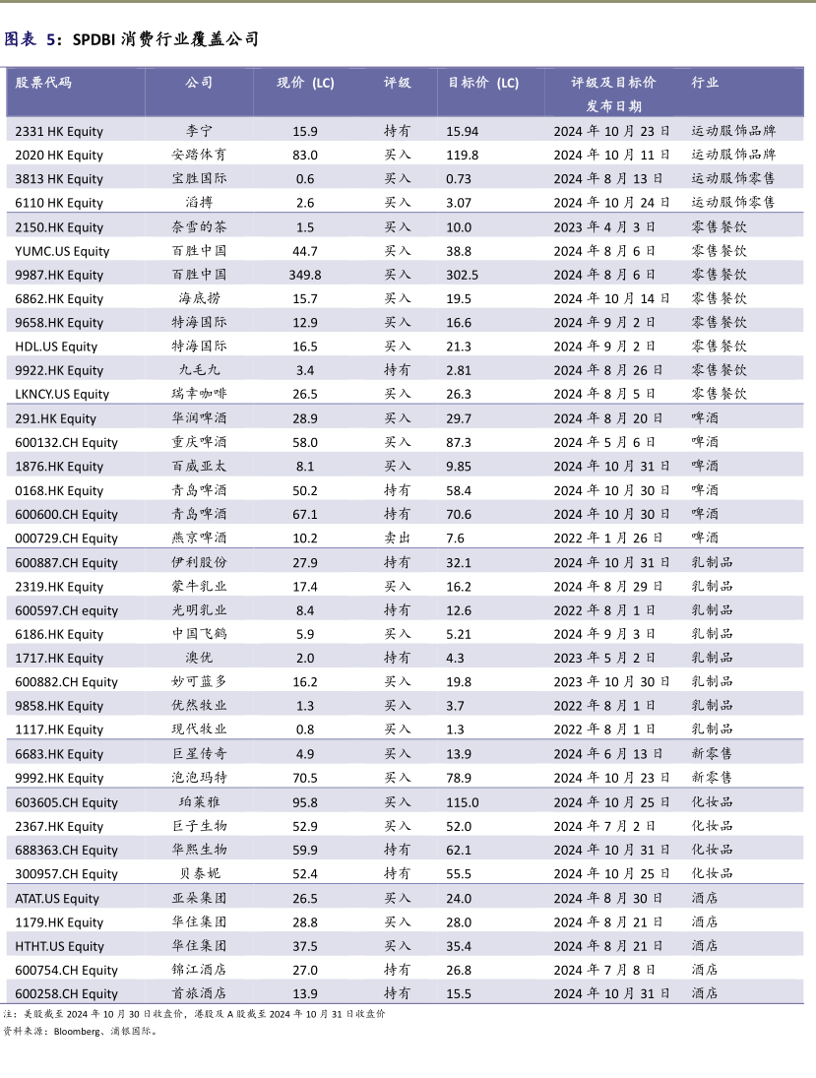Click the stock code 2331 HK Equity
[59, 131]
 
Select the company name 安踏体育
[199, 155]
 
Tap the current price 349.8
[305, 275]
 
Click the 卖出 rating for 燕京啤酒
[398, 538]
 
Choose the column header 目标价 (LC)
[483, 83]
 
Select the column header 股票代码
[43, 83]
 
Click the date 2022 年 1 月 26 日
[611, 538]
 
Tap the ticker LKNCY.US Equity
[62, 394]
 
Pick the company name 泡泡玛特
[199, 778]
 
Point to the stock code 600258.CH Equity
[66, 993]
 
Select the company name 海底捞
[199, 298]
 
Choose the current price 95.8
[305, 802]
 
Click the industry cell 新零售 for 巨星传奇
[712, 754]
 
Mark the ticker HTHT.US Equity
[59, 946]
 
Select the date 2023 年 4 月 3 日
[607, 226]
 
